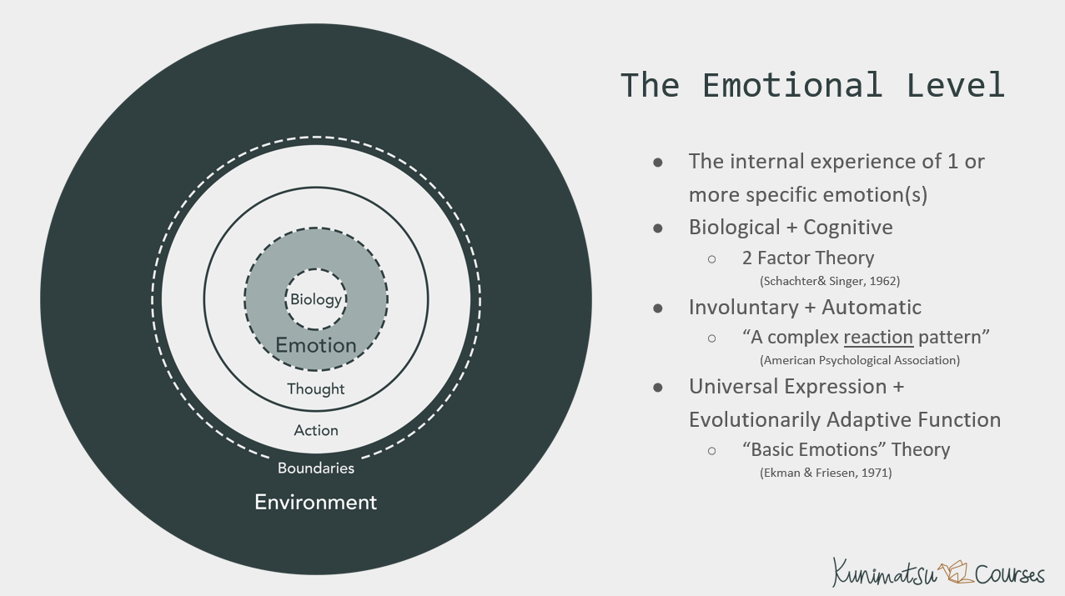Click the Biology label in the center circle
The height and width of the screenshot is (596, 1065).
pos(315,299)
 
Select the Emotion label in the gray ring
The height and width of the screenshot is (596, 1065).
pos(315,345)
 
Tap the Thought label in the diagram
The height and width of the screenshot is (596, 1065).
pos(315,389)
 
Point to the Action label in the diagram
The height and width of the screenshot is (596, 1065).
pos(316,430)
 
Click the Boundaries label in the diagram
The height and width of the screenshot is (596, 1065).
pos(316,468)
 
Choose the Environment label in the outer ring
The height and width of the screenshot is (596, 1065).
pos(315,502)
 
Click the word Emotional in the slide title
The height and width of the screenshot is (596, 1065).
pos(791,85)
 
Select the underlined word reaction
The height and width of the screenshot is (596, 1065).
pos(878,337)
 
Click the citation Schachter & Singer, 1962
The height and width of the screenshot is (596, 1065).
pos(830,281)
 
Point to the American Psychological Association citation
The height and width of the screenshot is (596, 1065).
pos(860,360)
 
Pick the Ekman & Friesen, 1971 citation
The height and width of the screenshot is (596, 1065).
pos(826,473)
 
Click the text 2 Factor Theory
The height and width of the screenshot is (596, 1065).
pos(808,258)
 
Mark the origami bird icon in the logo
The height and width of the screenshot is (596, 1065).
pos(955,573)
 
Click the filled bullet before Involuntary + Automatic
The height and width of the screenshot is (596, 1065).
pos(658,308)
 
